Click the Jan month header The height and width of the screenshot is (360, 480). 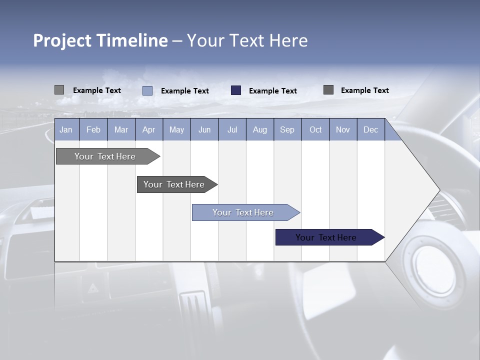[x=66, y=130]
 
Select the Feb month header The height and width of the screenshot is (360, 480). [x=93, y=130]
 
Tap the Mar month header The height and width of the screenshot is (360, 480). [x=121, y=130]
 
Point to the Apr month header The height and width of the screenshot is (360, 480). [x=149, y=130]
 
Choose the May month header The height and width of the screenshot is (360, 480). [x=176, y=130]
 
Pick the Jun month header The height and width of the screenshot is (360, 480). [x=204, y=130]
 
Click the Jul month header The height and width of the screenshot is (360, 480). [x=232, y=130]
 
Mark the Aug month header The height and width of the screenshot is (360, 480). [x=260, y=130]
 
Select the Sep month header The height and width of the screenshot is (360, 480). [x=287, y=130]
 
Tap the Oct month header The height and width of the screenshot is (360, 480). [x=315, y=130]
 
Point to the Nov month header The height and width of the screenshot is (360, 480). [x=343, y=130]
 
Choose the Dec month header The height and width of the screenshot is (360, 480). [x=370, y=130]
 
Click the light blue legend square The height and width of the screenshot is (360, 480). [x=147, y=90]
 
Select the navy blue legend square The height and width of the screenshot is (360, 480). [x=236, y=90]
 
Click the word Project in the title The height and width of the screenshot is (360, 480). [x=62, y=40]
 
